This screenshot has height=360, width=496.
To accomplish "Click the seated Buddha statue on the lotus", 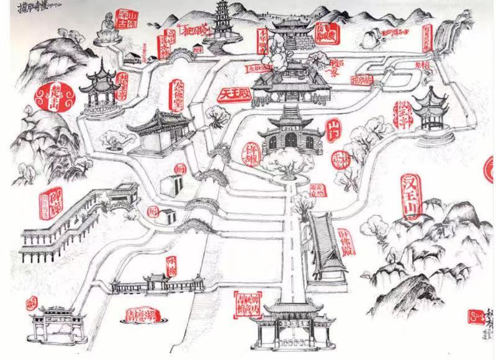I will point(106,29).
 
